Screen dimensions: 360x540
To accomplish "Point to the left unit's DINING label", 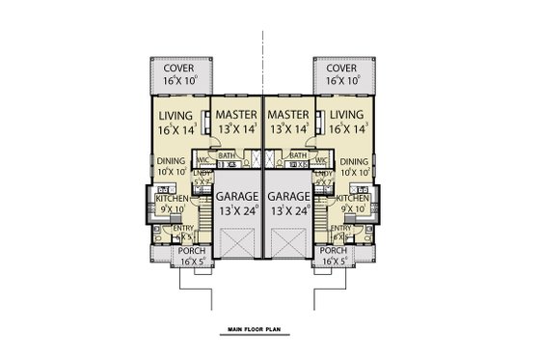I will tap(171, 162).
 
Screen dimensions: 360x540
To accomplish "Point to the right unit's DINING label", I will tap(355, 162).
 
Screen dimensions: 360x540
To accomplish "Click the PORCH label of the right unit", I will tap(333, 250).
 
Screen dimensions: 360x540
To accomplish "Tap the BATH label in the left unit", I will tap(228, 155).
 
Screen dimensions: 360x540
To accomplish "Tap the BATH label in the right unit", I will tap(298, 155).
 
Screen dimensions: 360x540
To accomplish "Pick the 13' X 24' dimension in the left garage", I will tap(235, 208).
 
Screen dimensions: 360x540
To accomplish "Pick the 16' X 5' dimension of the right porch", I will tap(333, 261).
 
